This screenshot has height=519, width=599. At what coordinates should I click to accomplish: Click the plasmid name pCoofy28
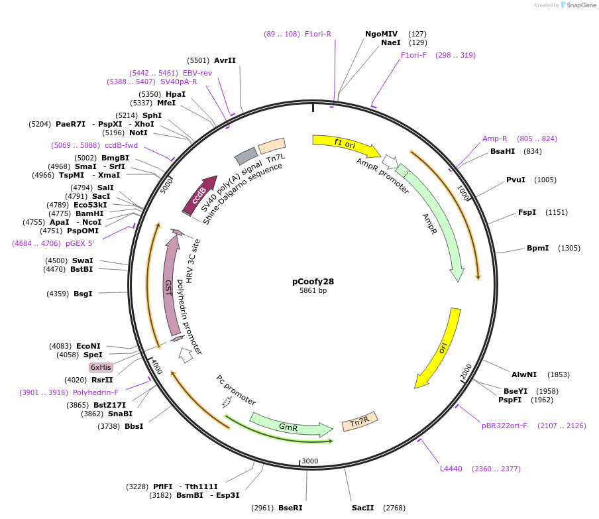[x=313, y=281]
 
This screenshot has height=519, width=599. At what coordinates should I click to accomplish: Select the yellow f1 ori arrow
[x=345, y=144]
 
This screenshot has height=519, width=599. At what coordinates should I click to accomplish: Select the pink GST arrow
[x=170, y=285]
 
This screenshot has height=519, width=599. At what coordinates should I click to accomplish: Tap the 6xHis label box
[x=101, y=367]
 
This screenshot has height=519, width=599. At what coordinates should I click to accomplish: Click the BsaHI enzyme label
[x=502, y=151]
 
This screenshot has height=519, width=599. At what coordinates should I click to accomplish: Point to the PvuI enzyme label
[x=516, y=180]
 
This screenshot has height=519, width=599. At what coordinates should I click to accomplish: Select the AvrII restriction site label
[x=225, y=60]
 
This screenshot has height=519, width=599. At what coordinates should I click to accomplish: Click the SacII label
[x=362, y=508]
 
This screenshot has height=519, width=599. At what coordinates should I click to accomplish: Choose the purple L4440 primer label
[x=451, y=469]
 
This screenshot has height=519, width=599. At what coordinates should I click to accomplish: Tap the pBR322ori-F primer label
[x=504, y=426]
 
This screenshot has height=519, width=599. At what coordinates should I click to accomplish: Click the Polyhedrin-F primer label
[x=96, y=392]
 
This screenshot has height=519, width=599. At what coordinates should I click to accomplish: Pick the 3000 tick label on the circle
[x=310, y=461]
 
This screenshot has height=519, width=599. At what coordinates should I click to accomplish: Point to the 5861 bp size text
[x=313, y=290]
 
